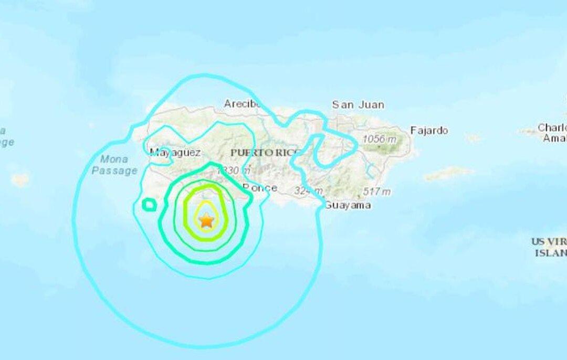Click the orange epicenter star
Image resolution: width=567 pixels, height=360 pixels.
(x=206, y=220)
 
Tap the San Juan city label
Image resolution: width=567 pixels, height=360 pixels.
(x=358, y=105)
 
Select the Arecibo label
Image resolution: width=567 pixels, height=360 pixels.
(x=243, y=103)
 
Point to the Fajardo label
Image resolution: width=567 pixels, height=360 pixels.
(x=429, y=130)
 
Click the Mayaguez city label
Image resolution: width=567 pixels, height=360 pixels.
(x=175, y=153)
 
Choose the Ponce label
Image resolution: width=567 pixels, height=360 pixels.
(x=260, y=188)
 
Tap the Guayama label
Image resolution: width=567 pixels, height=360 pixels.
(x=348, y=205)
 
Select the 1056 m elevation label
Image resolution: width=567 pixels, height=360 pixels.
(x=380, y=140)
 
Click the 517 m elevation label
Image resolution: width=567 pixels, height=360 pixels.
(x=376, y=192)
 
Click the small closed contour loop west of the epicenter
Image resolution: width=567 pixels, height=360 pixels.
(x=150, y=204)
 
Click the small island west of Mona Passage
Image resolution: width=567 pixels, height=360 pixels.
(x=20, y=180)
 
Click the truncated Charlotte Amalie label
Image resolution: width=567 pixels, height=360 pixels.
(x=552, y=133)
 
